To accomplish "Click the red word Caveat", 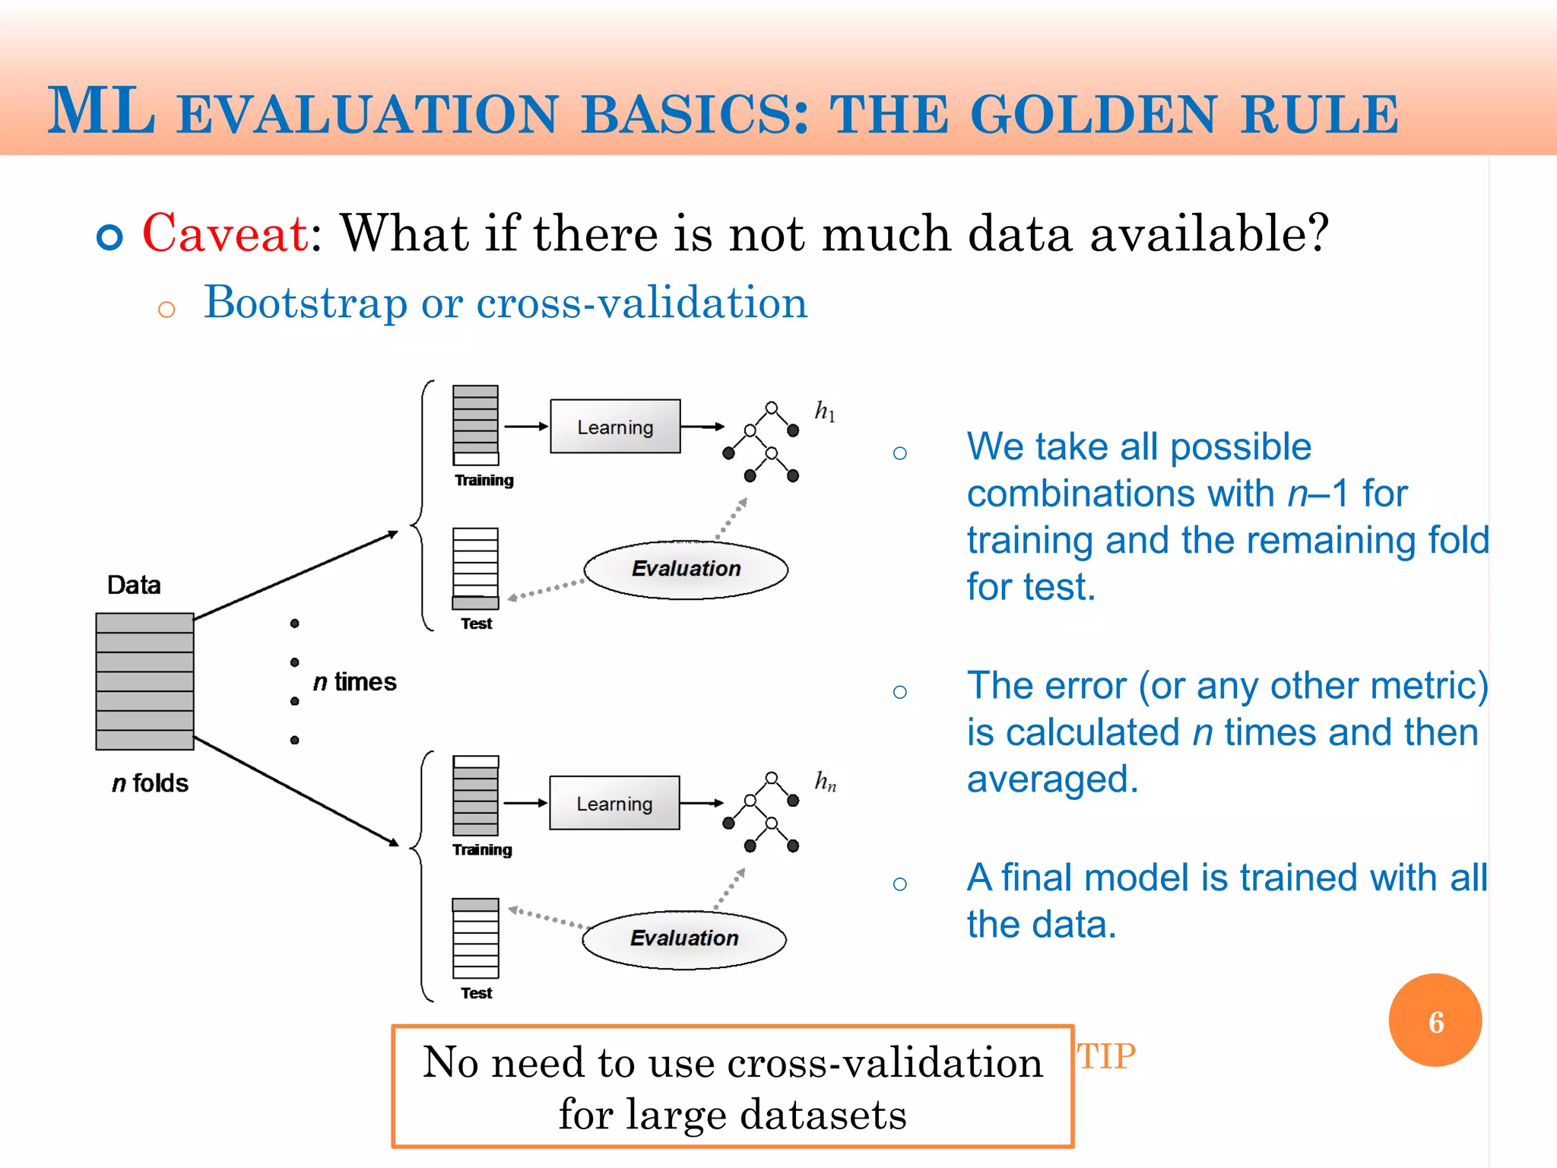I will pyautogui.click(x=225, y=233).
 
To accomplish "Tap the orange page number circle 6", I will pyautogui.click(x=1435, y=1020).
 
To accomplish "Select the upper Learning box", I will pyautogui.click(x=615, y=427).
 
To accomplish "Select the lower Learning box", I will pyautogui.click(x=614, y=803).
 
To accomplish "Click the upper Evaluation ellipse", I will pyautogui.click(x=686, y=569).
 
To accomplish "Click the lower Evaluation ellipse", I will pyautogui.click(x=684, y=938).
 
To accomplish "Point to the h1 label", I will pyautogui.click(x=825, y=411).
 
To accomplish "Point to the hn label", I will pyautogui.click(x=826, y=781).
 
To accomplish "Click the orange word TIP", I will pyautogui.click(x=1106, y=1056).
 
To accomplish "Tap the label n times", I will pyautogui.click(x=354, y=681).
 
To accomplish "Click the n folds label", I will pyautogui.click(x=150, y=783).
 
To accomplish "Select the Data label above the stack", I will pyautogui.click(x=134, y=585).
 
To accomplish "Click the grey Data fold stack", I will pyautogui.click(x=144, y=681).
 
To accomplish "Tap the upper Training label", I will pyautogui.click(x=484, y=481).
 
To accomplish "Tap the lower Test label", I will pyautogui.click(x=477, y=993).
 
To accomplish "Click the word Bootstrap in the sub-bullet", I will pyautogui.click(x=306, y=303).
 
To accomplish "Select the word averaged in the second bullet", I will pyautogui.click(x=1051, y=779).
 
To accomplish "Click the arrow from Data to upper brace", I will pyautogui.click(x=296, y=576).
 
